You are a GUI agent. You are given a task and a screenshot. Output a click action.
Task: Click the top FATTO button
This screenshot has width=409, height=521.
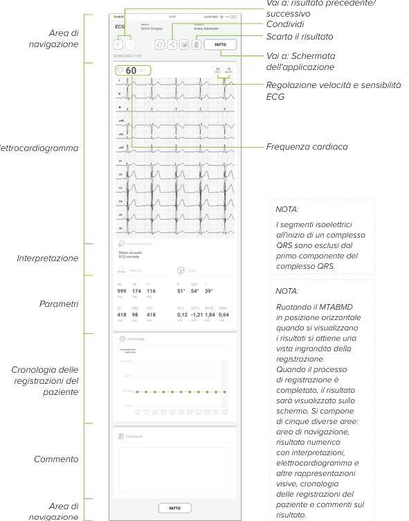(x=220, y=44)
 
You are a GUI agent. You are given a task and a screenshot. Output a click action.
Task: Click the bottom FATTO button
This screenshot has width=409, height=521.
(x=175, y=508)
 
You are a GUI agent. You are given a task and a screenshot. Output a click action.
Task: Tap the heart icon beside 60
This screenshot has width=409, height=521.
(x=120, y=70)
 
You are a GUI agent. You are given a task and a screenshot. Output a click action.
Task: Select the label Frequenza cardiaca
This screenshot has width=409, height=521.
(x=307, y=147)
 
